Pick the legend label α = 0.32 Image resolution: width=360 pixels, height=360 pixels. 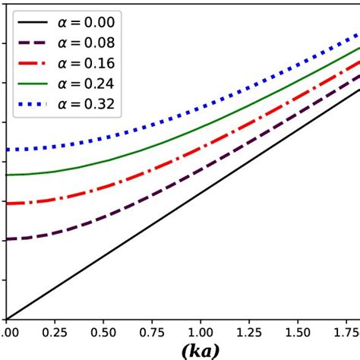click(87, 104)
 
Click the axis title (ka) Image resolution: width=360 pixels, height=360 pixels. click(201, 350)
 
